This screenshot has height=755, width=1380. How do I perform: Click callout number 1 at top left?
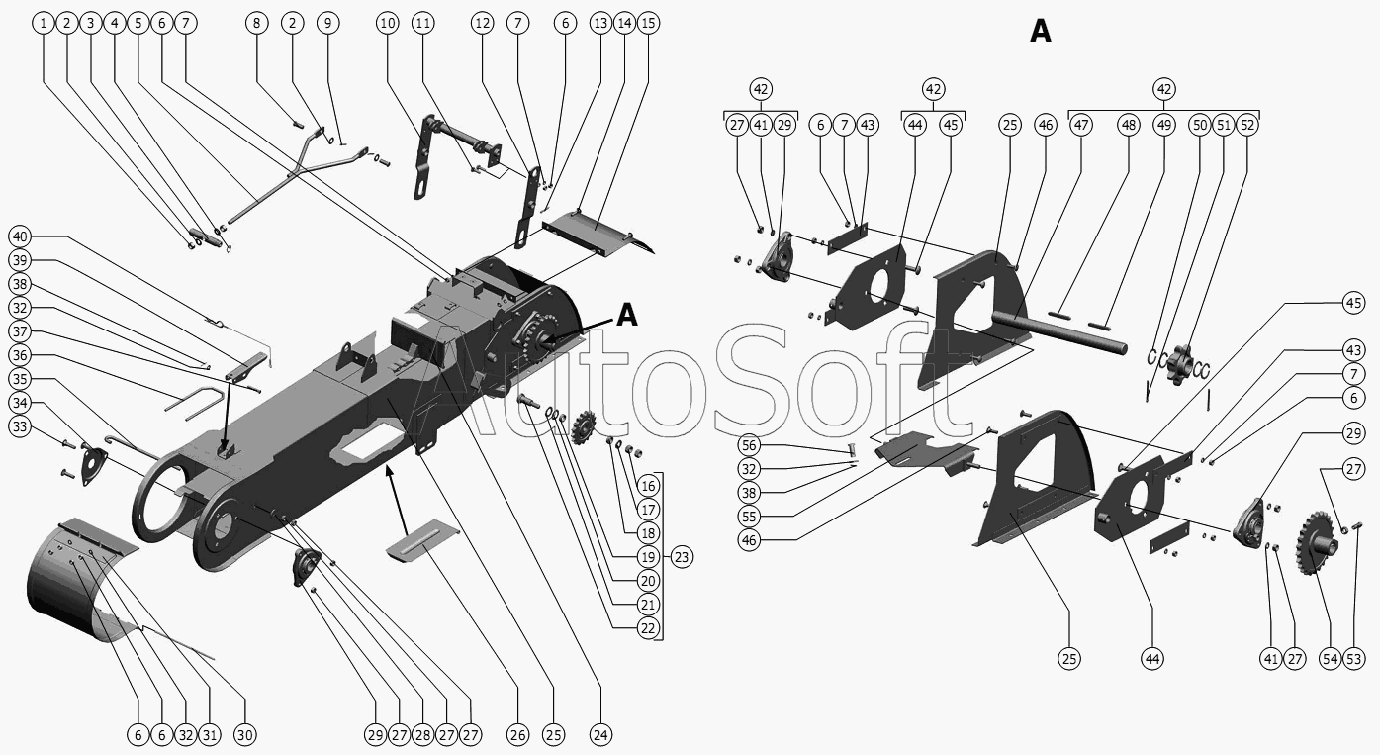[x=43, y=22]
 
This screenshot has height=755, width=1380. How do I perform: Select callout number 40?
[x=20, y=236]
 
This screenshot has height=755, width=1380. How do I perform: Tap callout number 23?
[x=681, y=557]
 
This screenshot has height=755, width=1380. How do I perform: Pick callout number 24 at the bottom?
[x=600, y=734]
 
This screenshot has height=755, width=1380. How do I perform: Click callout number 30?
[x=244, y=734]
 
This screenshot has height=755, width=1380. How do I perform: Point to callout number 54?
[x=1330, y=659]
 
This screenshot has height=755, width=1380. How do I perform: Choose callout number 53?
[x=1354, y=659]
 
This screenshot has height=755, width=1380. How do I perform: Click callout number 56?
[x=749, y=446]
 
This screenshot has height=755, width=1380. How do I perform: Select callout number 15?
[x=649, y=22]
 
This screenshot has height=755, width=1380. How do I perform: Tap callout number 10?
[x=388, y=22]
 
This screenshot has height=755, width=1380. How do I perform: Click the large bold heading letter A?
[x=1041, y=32]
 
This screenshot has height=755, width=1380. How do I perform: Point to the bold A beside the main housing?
[x=627, y=315]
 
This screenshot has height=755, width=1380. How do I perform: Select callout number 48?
[x=1129, y=125]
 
